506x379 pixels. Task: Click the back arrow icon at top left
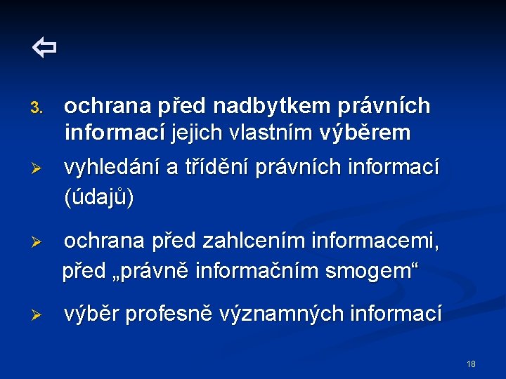[44, 48]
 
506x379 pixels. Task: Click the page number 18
[471, 364]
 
